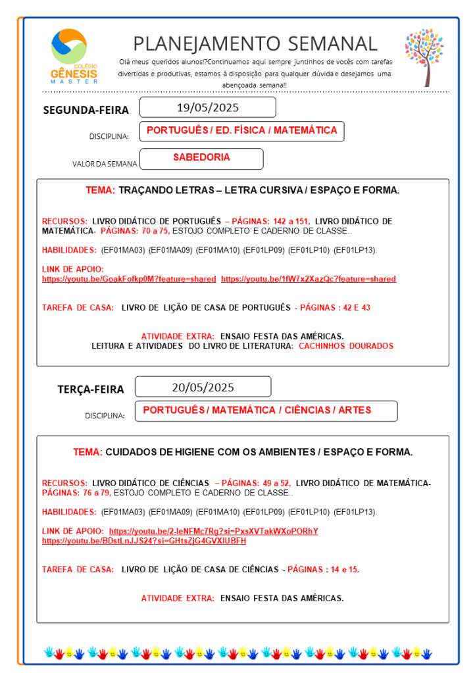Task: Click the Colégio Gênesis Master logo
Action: click(x=74, y=56)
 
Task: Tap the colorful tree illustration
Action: click(x=424, y=57)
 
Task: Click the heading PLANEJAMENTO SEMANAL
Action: click(x=255, y=43)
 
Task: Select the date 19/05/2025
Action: click(x=207, y=107)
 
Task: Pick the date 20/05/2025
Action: click(x=203, y=387)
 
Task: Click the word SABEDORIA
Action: click(x=201, y=158)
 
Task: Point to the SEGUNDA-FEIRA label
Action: click(x=86, y=110)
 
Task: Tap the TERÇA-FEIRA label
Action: click(x=90, y=389)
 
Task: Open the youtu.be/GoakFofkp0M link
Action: click(x=129, y=279)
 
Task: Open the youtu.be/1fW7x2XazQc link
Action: click(x=309, y=279)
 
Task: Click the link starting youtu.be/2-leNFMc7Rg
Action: click(x=213, y=531)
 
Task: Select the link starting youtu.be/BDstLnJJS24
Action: click(x=144, y=541)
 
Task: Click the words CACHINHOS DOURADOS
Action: click(x=346, y=346)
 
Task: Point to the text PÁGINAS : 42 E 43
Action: click(x=335, y=307)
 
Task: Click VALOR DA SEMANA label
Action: click(x=105, y=164)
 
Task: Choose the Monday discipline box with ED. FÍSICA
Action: click(x=241, y=131)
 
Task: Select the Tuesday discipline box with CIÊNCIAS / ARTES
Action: click(x=265, y=411)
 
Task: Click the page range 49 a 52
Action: click(x=272, y=483)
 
